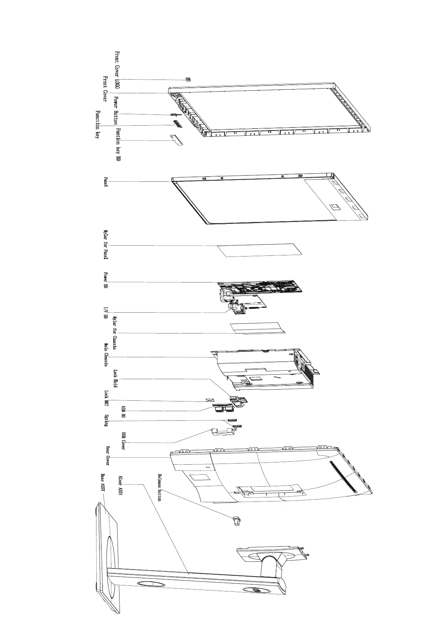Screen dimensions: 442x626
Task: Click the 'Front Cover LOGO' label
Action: [x=117, y=70]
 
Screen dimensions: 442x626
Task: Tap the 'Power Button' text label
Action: [x=116, y=110]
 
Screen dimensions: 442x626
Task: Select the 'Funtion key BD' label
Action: [x=118, y=145]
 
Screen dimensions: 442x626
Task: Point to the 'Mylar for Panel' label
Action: [x=106, y=244]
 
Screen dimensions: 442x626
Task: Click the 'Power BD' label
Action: [x=105, y=281]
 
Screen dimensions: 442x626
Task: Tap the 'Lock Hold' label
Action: [x=115, y=379]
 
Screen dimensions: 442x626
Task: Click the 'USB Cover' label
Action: [x=124, y=441]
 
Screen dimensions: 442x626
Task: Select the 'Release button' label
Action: [x=160, y=487]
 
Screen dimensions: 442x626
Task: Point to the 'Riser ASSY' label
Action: [x=120, y=485]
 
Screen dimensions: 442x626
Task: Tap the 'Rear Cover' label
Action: [x=108, y=456]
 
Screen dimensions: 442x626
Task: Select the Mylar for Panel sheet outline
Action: [x=260, y=250]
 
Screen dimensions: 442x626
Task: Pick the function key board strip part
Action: [x=177, y=141]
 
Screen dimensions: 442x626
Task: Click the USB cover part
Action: [x=223, y=432]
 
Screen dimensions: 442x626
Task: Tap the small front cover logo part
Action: [x=188, y=79]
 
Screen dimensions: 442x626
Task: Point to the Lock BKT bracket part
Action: [x=210, y=400]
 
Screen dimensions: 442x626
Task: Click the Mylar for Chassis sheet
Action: [x=257, y=328]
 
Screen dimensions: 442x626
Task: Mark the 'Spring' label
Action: [x=106, y=420]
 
